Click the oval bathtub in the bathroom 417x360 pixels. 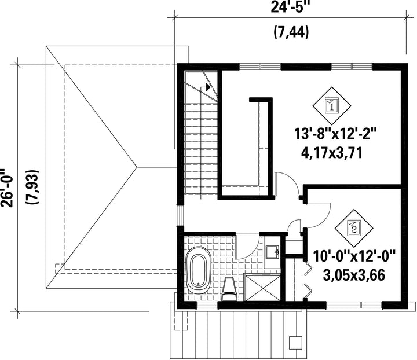tap(199, 270)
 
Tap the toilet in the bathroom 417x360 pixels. tap(229, 289)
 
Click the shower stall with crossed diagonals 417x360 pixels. tap(262, 288)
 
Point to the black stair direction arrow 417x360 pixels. tap(208, 87)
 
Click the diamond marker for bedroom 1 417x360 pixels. tap(331, 105)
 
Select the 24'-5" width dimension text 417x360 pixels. tap(290, 7)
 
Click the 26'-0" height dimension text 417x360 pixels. tap(6, 187)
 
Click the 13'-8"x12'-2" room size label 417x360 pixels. tap(335, 134)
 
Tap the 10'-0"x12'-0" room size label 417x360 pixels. tap(354, 256)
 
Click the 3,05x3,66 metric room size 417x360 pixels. tap(354, 275)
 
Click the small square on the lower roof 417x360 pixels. tap(295, 343)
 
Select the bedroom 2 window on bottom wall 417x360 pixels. tap(354, 305)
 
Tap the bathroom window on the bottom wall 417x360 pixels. tap(207, 305)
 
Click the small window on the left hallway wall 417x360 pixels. tap(181, 216)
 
